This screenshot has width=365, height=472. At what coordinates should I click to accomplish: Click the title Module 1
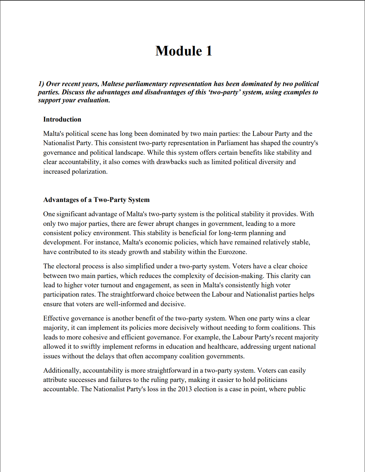[184, 51]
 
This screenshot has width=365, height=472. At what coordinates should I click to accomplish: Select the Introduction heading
[62, 119]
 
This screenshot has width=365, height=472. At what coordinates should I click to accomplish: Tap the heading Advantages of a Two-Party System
[96, 200]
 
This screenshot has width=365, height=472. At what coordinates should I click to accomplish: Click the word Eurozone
[232, 252]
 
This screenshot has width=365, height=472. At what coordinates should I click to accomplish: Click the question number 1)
[41, 84]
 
